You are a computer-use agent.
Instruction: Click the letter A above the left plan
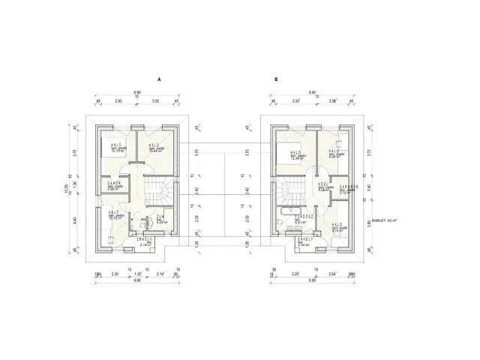pos(159,79)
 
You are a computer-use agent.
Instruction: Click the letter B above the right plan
pos(276,79)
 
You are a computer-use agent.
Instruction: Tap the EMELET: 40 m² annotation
pos(386,222)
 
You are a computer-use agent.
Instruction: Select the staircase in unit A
pos(158,193)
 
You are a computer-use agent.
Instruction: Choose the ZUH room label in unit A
pos(160,217)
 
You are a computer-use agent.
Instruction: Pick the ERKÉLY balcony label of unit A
pos(145,238)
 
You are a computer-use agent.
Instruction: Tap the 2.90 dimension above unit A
pos(118,100)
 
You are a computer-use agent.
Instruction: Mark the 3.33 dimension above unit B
pos(296,100)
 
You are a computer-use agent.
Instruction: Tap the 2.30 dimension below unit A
pos(115,274)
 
